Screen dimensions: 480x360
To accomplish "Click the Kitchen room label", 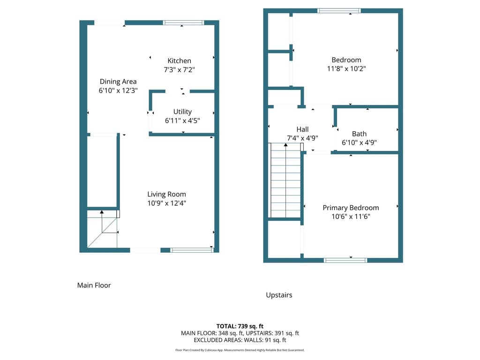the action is point(179,60).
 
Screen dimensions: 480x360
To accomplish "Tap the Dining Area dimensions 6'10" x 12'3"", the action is point(118,90).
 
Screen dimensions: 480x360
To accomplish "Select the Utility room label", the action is point(182,112).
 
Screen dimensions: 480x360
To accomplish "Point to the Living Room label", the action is point(166,195).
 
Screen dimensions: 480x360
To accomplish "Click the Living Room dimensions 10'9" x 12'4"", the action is point(166,203).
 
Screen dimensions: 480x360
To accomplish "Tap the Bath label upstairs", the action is point(359,134).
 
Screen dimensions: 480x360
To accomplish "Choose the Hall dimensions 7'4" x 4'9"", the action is point(302,138).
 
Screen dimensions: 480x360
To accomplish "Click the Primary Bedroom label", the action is point(351,208).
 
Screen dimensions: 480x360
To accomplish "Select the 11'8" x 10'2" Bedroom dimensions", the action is point(346,68).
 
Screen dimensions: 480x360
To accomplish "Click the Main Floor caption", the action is point(94,285).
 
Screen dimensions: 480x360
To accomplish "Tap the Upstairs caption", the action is point(279,295).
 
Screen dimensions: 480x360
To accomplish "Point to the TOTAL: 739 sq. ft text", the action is point(240,326).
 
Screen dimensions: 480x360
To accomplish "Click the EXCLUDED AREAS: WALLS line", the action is point(240,340).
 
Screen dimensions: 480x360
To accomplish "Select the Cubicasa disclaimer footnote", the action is point(240,350).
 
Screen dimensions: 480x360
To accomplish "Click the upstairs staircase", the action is point(285,180).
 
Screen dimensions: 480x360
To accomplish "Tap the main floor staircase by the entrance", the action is point(102,229).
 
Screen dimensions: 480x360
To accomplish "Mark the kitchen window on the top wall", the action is point(183,22).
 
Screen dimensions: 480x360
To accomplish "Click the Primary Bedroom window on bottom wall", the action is point(345,261).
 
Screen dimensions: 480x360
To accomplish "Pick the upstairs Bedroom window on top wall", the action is point(339,11).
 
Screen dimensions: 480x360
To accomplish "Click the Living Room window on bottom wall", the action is point(192,250).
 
